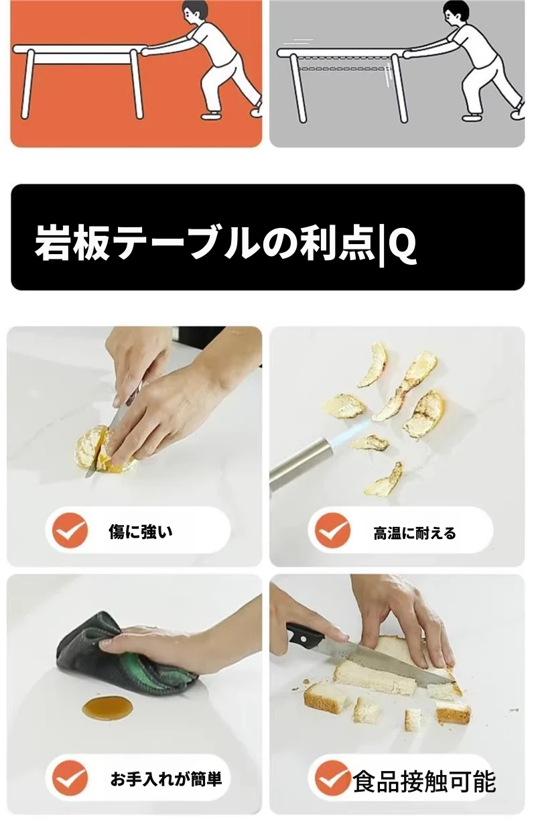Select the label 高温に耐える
415,533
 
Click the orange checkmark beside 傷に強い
70,531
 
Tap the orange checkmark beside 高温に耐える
332,530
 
